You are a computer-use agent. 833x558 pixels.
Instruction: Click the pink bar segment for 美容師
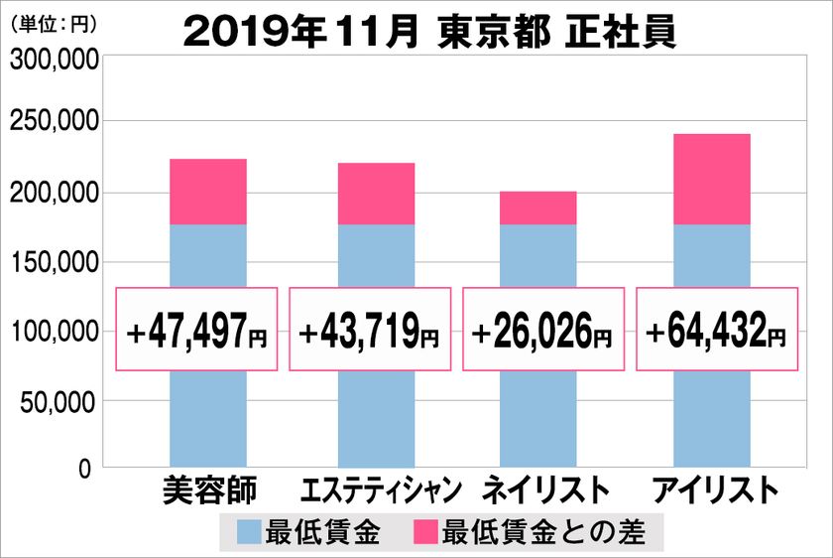208,192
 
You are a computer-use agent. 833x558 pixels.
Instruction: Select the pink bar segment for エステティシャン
376,194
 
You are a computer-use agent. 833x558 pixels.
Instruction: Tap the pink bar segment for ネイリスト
537,208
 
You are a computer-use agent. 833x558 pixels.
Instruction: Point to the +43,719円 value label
370,330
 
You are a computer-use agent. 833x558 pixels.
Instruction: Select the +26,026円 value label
542,330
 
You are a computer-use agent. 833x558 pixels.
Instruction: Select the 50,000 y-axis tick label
59,401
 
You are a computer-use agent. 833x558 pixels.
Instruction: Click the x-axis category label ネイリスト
544,490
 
